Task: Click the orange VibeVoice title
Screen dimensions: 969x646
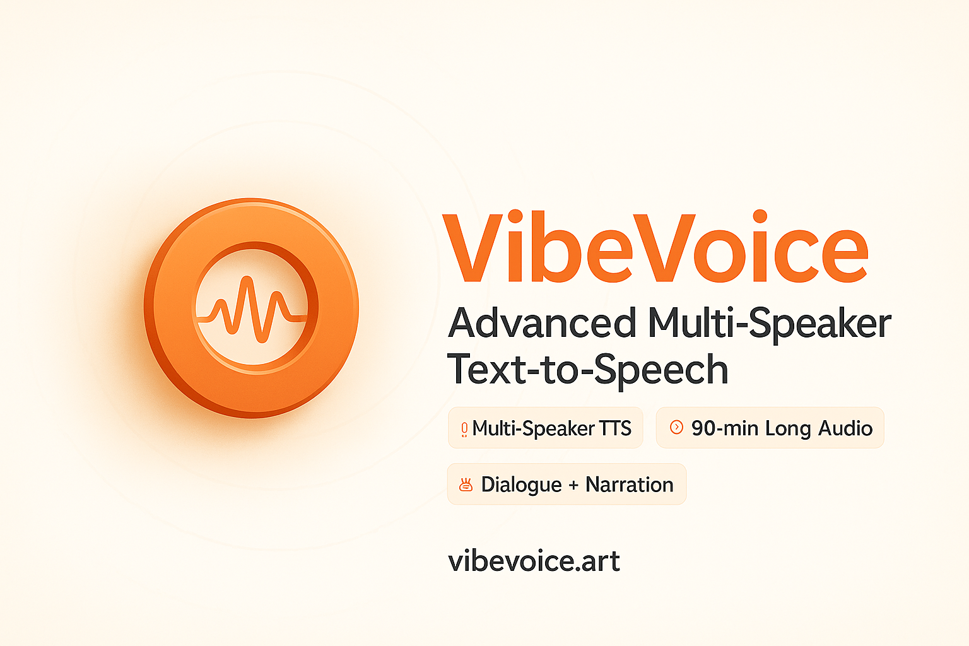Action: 655,247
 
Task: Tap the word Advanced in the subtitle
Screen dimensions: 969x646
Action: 542,322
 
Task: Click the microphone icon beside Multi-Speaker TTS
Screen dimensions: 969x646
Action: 464,429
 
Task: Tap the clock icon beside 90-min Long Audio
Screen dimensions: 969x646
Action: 676,427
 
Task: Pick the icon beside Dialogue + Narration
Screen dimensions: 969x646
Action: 466,484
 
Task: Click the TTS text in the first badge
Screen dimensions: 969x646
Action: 614,428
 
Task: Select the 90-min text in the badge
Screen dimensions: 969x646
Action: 725,428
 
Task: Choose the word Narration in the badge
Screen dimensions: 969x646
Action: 630,484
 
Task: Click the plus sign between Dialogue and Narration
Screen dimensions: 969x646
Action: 573,486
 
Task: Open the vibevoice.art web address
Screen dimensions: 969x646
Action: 534,561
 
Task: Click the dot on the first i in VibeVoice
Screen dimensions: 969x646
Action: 515,216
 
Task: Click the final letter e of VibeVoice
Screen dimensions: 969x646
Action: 843,255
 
